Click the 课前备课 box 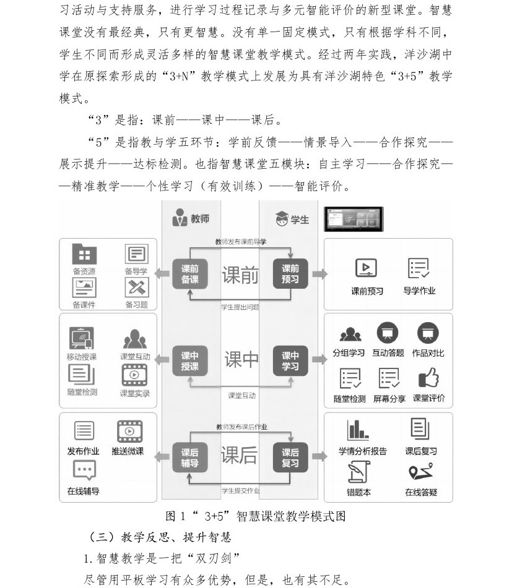189,274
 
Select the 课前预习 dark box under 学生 290,274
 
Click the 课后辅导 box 189,458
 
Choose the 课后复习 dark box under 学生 290,458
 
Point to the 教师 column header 191,218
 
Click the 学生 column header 292,218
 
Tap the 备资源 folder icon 84,255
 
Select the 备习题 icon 137,288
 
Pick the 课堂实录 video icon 134,375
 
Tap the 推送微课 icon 129,432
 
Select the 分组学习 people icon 350,334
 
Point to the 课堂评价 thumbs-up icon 428,377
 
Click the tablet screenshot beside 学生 354,219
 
